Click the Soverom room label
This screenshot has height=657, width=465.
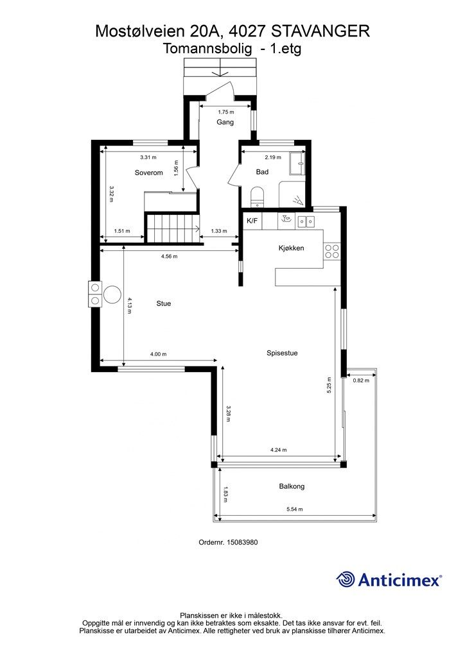click(x=149, y=173)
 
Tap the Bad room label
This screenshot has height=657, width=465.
click(x=262, y=172)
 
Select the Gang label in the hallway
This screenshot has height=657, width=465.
click(x=225, y=123)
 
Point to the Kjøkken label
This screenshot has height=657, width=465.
click(x=291, y=248)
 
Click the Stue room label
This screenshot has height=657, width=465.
click(x=164, y=303)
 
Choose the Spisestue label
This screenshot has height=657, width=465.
click(x=282, y=353)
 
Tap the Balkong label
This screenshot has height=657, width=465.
click(x=292, y=486)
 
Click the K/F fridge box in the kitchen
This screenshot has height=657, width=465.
click(x=252, y=221)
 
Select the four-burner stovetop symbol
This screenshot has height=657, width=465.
click(x=332, y=251)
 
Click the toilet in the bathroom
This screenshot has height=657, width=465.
click(x=257, y=197)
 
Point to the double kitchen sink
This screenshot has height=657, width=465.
click(x=306, y=221)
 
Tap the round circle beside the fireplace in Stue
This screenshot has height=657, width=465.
click(x=113, y=294)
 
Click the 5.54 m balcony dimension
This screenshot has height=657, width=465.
click(x=294, y=509)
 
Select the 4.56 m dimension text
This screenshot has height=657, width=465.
click(x=169, y=257)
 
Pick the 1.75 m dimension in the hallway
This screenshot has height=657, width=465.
click(x=226, y=112)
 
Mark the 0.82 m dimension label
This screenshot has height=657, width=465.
click(x=361, y=380)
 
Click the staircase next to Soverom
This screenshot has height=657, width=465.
click(x=171, y=228)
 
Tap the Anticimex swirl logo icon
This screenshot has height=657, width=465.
click(x=346, y=580)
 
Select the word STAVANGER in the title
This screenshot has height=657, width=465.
click(x=320, y=31)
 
